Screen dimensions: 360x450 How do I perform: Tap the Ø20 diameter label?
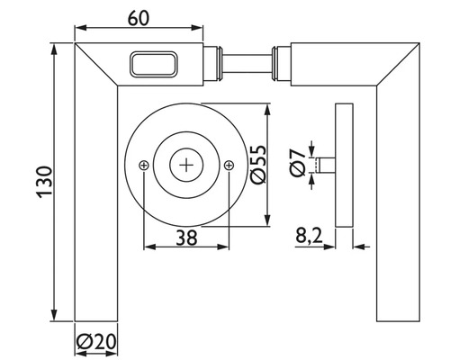97,342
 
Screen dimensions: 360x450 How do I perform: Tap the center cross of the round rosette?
186,165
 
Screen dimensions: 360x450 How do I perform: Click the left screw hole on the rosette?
144,165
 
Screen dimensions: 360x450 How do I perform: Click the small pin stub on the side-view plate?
327,165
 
